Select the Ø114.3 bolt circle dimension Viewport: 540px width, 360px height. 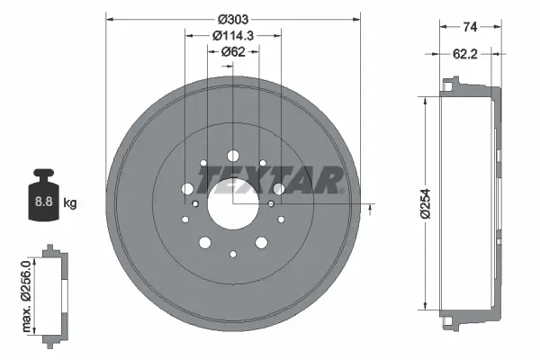pos(233,36)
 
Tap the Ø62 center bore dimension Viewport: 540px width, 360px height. pos(233,52)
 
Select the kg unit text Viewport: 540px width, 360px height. pos(69,203)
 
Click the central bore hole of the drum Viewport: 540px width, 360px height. pos(233,204)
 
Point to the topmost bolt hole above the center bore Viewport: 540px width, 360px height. pos(233,154)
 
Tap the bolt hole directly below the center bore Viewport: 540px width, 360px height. pos(233,255)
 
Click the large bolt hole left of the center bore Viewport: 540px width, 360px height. pos(187,189)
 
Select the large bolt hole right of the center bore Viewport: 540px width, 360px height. pos(279,189)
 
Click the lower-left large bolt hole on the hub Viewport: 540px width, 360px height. pos(205,242)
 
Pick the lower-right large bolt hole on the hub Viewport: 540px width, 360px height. pos(261,242)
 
